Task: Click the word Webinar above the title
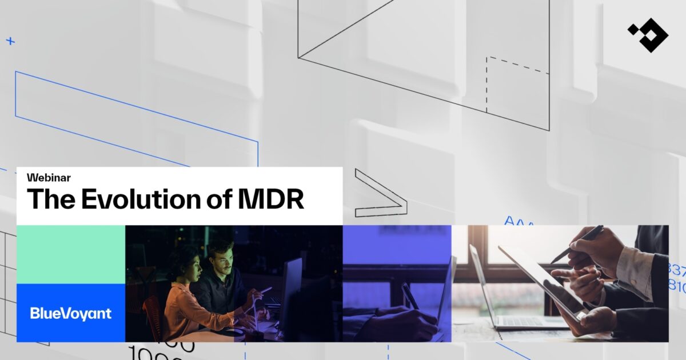(x=49, y=178)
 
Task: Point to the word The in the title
(x=50, y=199)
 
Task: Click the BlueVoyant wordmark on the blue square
(x=71, y=313)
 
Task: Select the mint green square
(x=71, y=254)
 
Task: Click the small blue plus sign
(x=10, y=41)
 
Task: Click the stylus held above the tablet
(x=577, y=243)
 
